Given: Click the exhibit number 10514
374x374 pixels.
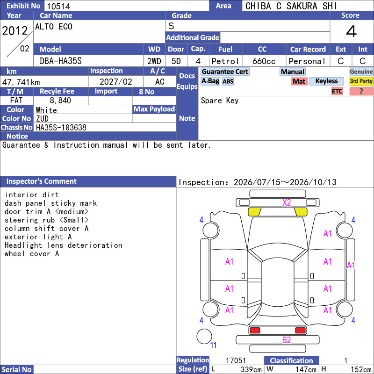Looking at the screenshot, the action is pyautogui.click(x=58, y=6).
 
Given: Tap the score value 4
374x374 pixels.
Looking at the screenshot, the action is pyautogui.click(x=352, y=31).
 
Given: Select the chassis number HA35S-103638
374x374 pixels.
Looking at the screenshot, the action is pyautogui.click(x=61, y=128).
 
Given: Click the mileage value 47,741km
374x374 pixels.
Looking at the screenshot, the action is pyautogui.click(x=21, y=82).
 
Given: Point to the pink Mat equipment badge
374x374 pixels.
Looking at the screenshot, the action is pyautogui.click(x=299, y=81).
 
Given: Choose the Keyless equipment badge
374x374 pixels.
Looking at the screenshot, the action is pyautogui.click(x=326, y=81).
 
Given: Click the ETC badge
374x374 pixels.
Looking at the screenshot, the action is pyautogui.click(x=337, y=91).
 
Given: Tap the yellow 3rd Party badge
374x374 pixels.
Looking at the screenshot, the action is pyautogui.click(x=361, y=81).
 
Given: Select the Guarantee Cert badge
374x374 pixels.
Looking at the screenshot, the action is pyautogui.click(x=225, y=72).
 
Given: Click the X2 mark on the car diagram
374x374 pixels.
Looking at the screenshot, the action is pyautogui.click(x=287, y=203).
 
